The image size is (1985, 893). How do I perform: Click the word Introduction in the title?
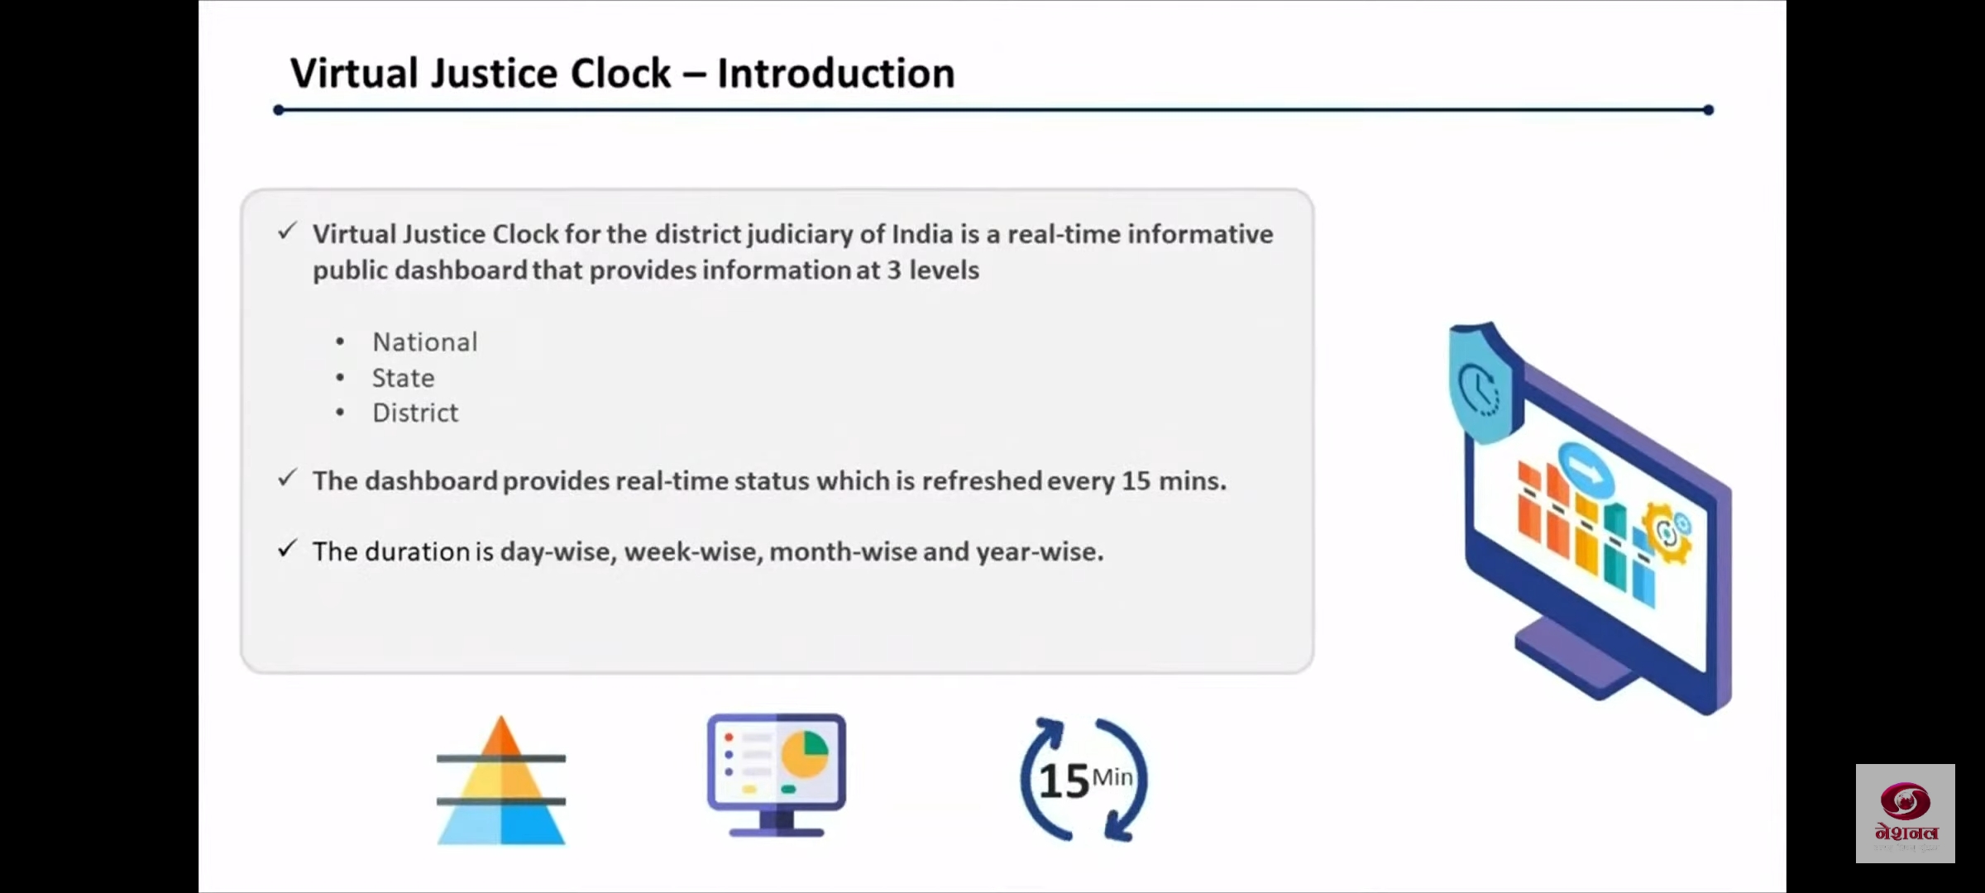click(x=835, y=73)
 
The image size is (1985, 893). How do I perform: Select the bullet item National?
click(x=425, y=341)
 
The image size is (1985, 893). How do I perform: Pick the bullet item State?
click(x=403, y=378)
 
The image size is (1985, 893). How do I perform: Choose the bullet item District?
click(x=415, y=413)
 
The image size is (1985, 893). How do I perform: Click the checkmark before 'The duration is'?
click(x=287, y=548)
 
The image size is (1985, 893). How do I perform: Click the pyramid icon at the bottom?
click(x=501, y=781)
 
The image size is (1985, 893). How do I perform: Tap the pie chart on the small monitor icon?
click(x=805, y=753)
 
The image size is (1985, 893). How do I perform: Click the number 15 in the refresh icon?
click(x=1064, y=781)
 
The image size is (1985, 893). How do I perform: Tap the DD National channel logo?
click(x=1906, y=814)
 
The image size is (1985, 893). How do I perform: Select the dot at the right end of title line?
click(x=1709, y=110)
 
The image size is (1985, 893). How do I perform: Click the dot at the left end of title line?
click(x=279, y=110)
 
